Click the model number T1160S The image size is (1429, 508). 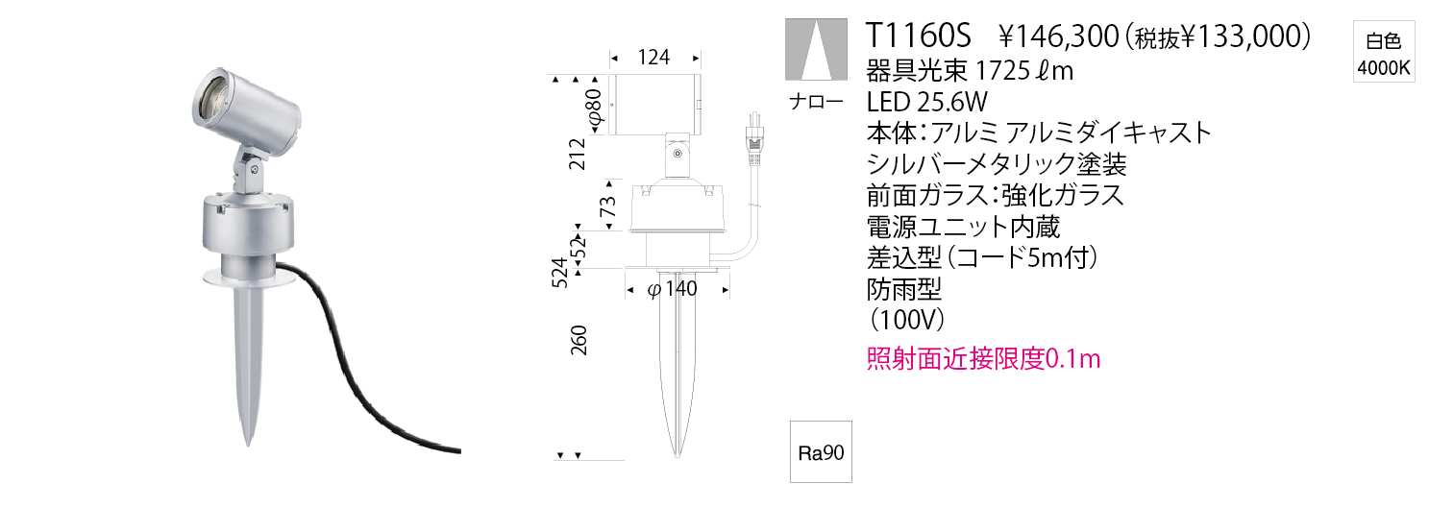click(918, 36)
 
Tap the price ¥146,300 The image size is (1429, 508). click(1058, 36)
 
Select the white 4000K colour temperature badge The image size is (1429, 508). click(1383, 52)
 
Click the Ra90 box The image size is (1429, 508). click(821, 451)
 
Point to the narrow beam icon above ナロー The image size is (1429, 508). click(817, 49)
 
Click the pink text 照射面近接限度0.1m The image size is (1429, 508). click(983, 359)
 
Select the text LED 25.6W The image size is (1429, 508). click(927, 102)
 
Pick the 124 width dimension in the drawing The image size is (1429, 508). click(653, 58)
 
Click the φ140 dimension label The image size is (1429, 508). click(673, 289)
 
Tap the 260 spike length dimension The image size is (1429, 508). click(579, 340)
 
